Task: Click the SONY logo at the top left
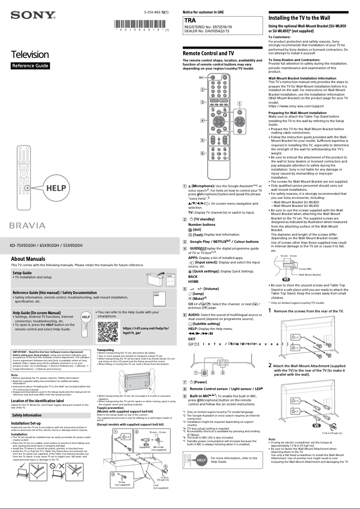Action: (x=33, y=16)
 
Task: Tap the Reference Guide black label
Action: (x=30, y=66)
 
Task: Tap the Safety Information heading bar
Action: (x=26, y=415)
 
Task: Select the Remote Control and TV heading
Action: (x=208, y=53)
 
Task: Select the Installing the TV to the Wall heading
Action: (x=299, y=18)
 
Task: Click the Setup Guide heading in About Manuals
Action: (x=22, y=273)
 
